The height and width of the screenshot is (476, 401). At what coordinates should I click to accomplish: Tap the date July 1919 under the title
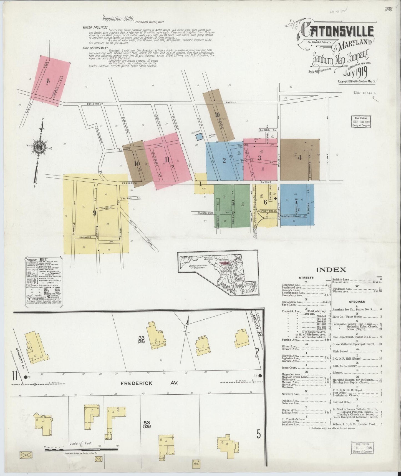pos(355,73)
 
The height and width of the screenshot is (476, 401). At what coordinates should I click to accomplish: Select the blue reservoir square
pos(199,137)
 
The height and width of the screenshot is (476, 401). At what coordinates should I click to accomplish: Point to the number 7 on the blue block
pos(296,201)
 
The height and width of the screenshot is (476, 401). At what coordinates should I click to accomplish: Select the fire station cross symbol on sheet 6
pos(275,198)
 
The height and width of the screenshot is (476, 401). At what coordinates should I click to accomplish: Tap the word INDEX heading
pos(331,269)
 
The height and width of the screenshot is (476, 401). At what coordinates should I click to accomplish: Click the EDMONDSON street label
pos(95,104)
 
